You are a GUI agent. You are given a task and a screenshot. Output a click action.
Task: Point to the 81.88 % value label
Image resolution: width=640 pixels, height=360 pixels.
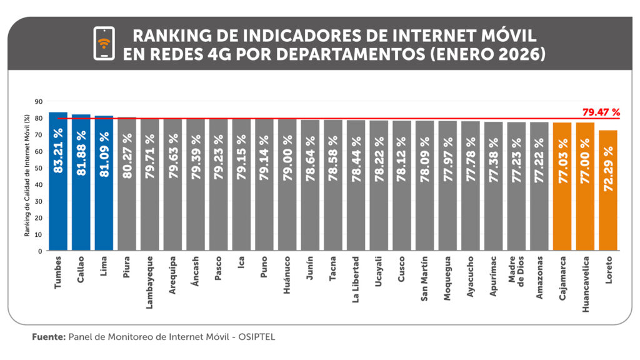click(x=81, y=152)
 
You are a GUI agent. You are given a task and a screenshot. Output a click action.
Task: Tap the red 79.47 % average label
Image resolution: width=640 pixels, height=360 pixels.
click(x=601, y=112)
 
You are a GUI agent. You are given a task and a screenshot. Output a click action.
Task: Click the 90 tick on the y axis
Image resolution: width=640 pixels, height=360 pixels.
click(x=39, y=101)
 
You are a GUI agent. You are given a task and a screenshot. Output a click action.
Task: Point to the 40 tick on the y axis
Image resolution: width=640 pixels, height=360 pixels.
click(x=39, y=184)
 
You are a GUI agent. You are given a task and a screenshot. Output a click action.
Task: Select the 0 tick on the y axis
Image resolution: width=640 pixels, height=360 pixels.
click(x=41, y=251)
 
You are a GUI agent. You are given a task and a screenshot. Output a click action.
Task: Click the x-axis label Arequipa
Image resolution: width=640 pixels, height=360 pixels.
click(x=172, y=272)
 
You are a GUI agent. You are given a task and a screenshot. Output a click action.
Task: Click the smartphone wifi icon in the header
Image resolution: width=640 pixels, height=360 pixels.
click(x=104, y=44)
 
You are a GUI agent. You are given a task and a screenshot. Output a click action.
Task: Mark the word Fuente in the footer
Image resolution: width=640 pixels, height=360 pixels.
click(x=48, y=337)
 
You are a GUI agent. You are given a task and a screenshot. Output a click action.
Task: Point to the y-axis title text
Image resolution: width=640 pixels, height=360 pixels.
click(x=27, y=175)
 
